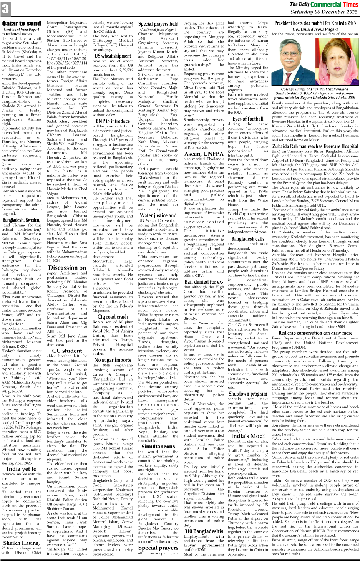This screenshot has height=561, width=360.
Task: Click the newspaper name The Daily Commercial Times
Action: (x=324, y=4)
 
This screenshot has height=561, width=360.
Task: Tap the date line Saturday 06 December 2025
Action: (x=324, y=12)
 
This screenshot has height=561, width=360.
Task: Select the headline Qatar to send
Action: (x=22, y=23)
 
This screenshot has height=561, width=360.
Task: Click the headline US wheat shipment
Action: (x=113, y=56)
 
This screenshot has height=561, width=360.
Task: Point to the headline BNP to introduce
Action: (x=113, y=121)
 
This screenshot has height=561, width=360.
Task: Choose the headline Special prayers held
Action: (x=158, y=24)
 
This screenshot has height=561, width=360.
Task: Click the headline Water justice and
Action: (x=158, y=215)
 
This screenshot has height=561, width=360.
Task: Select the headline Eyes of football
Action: (x=248, y=119)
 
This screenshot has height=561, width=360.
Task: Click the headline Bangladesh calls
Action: (x=248, y=238)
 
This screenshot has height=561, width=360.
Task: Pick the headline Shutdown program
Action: (x=248, y=394)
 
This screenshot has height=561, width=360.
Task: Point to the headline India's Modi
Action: (x=248, y=436)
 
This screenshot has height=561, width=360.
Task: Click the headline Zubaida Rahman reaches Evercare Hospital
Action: (x=315, y=146)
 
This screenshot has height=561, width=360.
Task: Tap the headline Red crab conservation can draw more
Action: (x=315, y=333)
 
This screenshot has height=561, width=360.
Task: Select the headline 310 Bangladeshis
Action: (x=204, y=531)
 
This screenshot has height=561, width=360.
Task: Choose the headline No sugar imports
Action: (x=113, y=360)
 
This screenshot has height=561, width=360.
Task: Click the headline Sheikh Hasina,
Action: (x=22, y=543)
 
